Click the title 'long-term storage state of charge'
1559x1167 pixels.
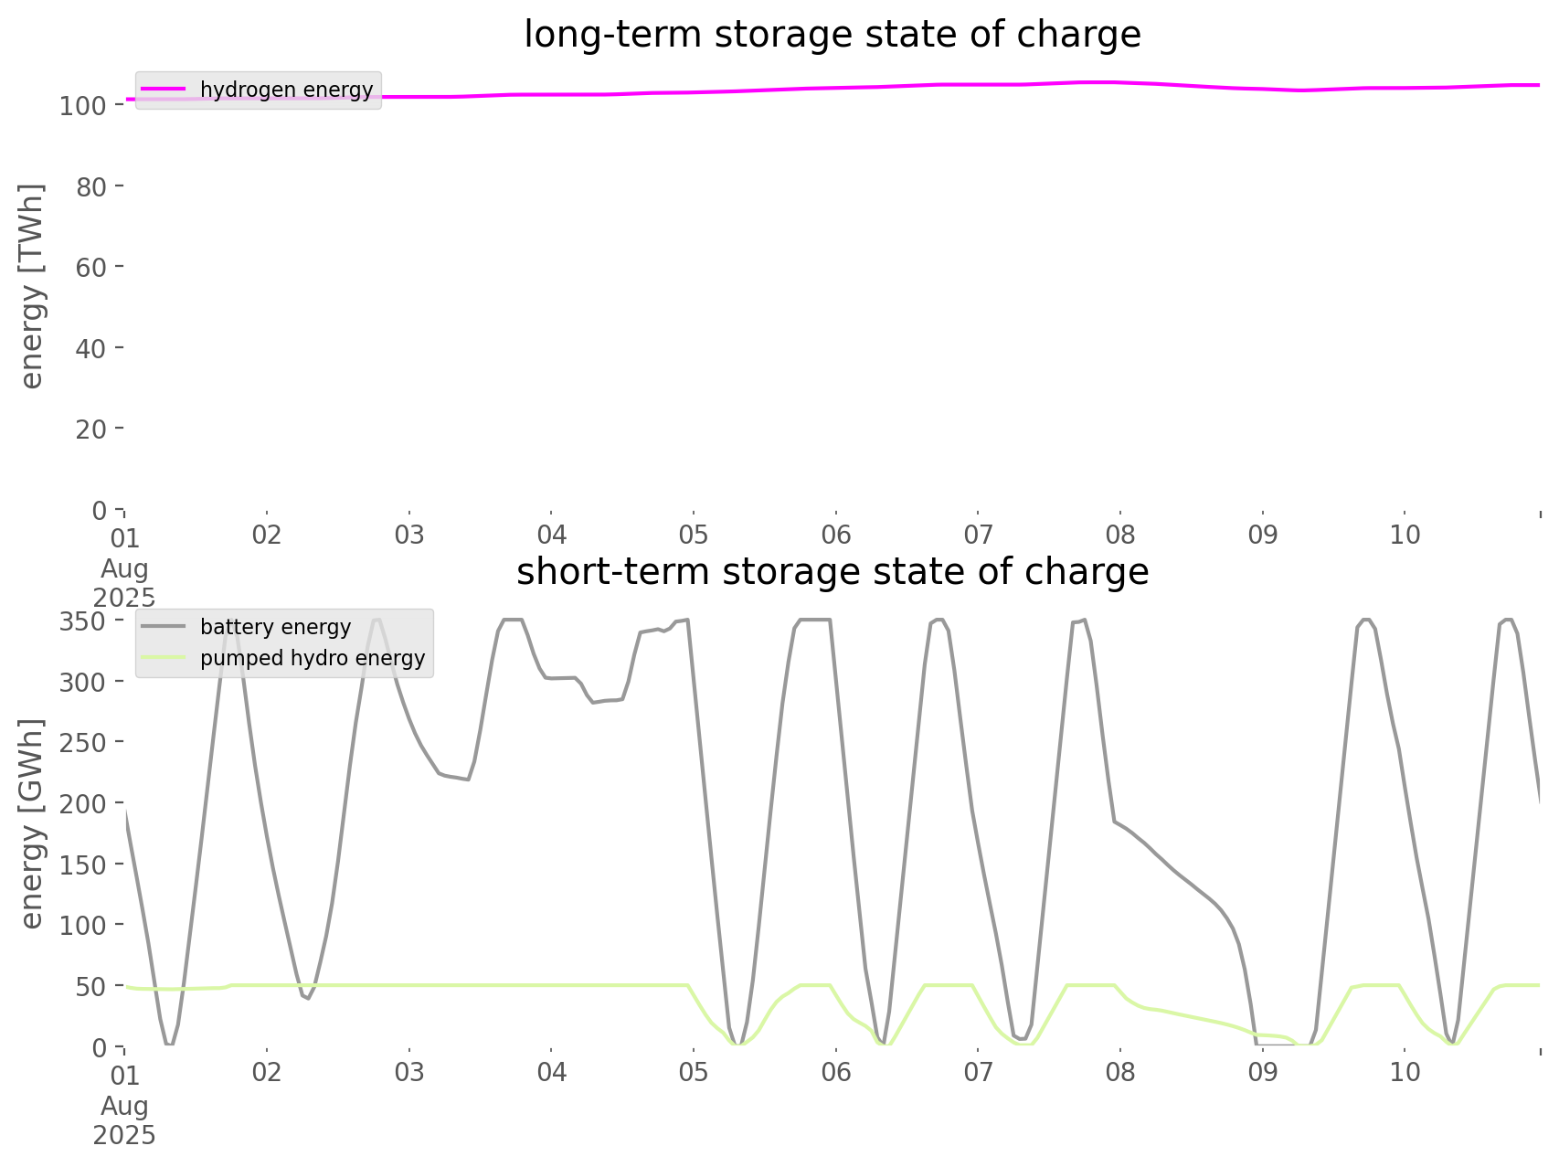point(832,35)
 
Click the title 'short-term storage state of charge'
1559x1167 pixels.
point(832,572)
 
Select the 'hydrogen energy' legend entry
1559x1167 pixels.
point(286,90)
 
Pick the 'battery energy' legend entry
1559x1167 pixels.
point(275,627)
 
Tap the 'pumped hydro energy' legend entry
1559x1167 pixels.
point(313,658)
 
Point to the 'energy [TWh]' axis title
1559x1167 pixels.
point(32,286)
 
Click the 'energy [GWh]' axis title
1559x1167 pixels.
point(32,823)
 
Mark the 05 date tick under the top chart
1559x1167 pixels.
point(694,535)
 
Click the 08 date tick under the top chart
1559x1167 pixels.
point(1120,535)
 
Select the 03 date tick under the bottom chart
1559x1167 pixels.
point(409,1071)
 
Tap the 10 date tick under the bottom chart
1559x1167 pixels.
point(1405,1071)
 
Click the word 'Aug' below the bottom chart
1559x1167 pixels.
point(124,1106)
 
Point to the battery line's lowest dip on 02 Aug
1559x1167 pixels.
point(308,998)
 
